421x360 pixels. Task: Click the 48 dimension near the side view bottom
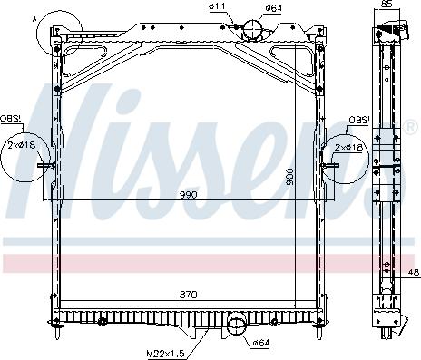coord(412,271)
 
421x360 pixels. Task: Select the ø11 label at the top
coord(216,7)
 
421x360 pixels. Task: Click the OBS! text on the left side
coord(11,120)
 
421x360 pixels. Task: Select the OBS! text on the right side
coord(357,120)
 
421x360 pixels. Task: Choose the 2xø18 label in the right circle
coord(348,146)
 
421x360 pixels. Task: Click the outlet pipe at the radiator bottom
coord(238,324)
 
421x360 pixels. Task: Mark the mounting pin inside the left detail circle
coord(47,165)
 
